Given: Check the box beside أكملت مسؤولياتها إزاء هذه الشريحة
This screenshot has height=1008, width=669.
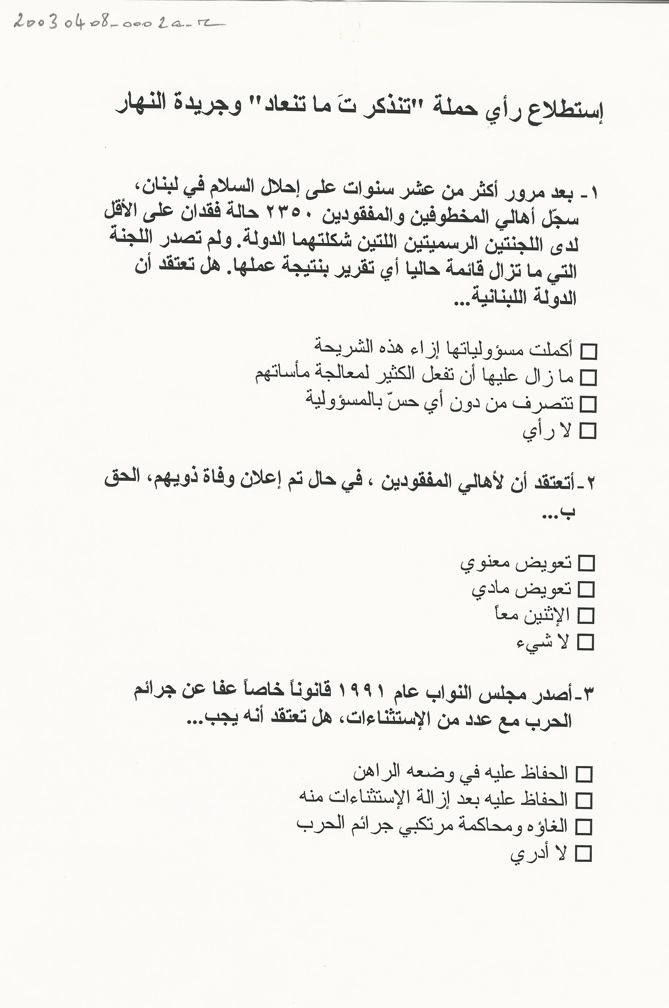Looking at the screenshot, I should (x=589, y=351).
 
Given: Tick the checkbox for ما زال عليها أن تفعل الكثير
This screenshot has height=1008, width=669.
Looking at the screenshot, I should (x=589, y=377).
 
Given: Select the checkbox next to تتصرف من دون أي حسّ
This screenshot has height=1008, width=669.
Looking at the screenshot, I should (x=589, y=404).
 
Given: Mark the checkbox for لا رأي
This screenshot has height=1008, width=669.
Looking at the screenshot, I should (x=588, y=431).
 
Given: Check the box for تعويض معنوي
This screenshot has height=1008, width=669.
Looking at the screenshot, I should (x=586, y=563).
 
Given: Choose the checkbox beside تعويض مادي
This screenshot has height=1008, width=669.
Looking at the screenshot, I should (x=586, y=589).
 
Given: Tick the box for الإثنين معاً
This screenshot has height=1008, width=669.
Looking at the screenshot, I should (x=586, y=616).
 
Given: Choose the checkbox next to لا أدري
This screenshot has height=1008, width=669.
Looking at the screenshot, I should (x=584, y=853).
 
